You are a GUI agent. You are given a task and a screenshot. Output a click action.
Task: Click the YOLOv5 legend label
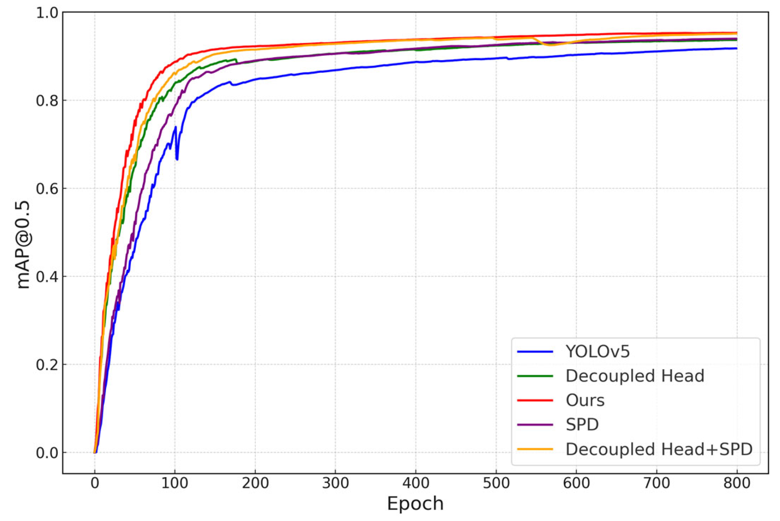(x=597, y=352)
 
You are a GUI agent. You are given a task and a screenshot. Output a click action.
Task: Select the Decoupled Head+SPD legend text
(x=659, y=449)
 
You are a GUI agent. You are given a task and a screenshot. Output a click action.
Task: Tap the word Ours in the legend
(x=585, y=401)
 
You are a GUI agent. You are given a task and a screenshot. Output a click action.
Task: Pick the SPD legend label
(x=582, y=425)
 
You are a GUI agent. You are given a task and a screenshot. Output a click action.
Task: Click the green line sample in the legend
(x=535, y=376)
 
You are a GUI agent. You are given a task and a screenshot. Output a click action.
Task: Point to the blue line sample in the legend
(x=535, y=352)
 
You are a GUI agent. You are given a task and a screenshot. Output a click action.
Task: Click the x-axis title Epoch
(x=415, y=504)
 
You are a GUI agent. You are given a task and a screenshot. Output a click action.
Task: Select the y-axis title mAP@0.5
(x=23, y=245)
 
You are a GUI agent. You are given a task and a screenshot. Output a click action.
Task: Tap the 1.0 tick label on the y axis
(x=47, y=13)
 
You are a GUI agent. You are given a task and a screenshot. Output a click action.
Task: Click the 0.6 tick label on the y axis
(x=47, y=188)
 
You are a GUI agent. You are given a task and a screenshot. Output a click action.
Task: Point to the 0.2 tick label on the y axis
(x=47, y=365)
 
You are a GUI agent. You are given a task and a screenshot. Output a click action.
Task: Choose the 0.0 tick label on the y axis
(x=47, y=453)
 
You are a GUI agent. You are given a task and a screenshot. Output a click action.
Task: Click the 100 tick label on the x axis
(x=175, y=483)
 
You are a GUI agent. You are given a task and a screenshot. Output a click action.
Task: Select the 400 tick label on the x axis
(x=415, y=483)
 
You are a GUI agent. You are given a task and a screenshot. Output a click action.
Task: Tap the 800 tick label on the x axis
(x=737, y=483)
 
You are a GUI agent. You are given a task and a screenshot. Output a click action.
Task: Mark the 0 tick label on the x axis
(x=95, y=483)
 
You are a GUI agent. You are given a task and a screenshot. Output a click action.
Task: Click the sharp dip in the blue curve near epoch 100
(x=177, y=159)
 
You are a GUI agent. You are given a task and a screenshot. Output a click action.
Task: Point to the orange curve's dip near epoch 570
(x=551, y=45)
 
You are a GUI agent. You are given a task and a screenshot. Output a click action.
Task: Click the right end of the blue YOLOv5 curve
(x=736, y=48)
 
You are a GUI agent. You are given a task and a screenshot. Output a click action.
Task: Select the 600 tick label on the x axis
(x=576, y=483)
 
